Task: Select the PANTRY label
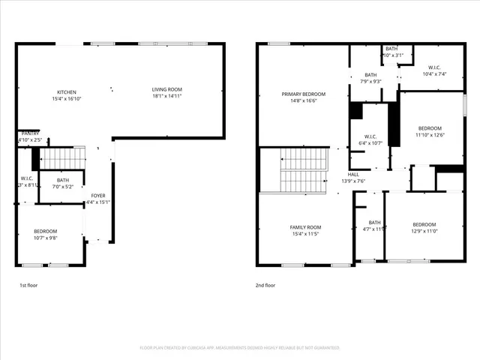coord(29,133)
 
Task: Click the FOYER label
coord(98,196)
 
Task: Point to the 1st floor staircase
coord(62,158)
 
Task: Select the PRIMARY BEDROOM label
coord(299,94)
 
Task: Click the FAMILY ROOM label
coord(305,227)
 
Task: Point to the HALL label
coord(352,175)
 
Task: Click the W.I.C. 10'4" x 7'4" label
coord(434,69)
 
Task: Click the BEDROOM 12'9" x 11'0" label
coord(424,224)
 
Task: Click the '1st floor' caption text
coord(28,286)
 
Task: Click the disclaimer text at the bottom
coord(240,348)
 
